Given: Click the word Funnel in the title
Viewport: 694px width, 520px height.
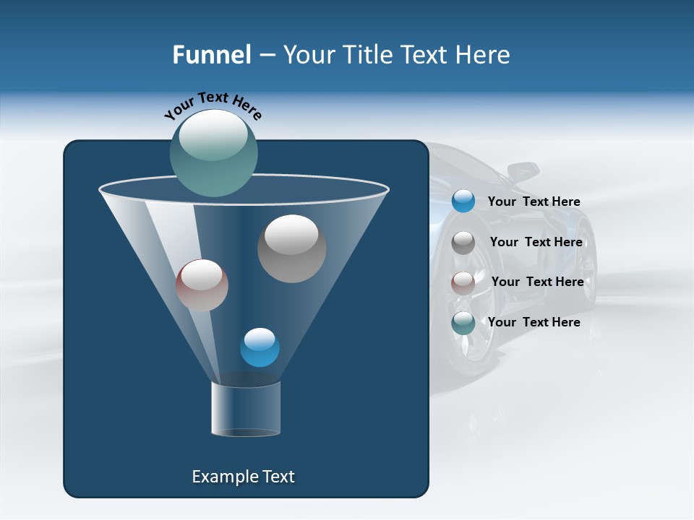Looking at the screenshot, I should point(211,55).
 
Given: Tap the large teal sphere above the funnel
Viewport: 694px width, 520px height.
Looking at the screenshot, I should point(214,152).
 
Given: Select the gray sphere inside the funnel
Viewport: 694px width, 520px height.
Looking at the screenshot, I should point(291,248).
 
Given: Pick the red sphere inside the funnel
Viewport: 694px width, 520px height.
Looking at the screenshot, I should point(202,285).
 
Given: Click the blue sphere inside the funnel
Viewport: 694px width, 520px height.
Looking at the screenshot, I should point(260,347).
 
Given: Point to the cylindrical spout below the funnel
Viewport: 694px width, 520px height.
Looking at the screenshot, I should point(245,409).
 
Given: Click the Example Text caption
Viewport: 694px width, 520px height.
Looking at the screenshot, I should point(243,477).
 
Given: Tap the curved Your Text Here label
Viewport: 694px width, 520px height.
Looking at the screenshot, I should point(213,105).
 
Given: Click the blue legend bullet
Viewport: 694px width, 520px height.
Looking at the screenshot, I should point(463,201).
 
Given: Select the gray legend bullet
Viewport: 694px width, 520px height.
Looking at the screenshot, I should point(463,243).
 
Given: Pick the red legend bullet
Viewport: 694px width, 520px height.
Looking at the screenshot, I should point(463,283).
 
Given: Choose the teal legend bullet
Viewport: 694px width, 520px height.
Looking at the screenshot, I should point(463,323).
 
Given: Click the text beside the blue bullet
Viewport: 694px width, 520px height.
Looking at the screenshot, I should point(534,201).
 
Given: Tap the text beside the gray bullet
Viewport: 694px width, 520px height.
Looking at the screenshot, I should point(536,242).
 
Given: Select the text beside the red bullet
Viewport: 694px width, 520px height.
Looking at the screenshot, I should point(537,282).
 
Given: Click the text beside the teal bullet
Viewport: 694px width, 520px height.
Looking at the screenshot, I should point(534,322).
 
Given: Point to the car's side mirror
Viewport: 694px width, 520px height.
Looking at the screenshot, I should point(523,173).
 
